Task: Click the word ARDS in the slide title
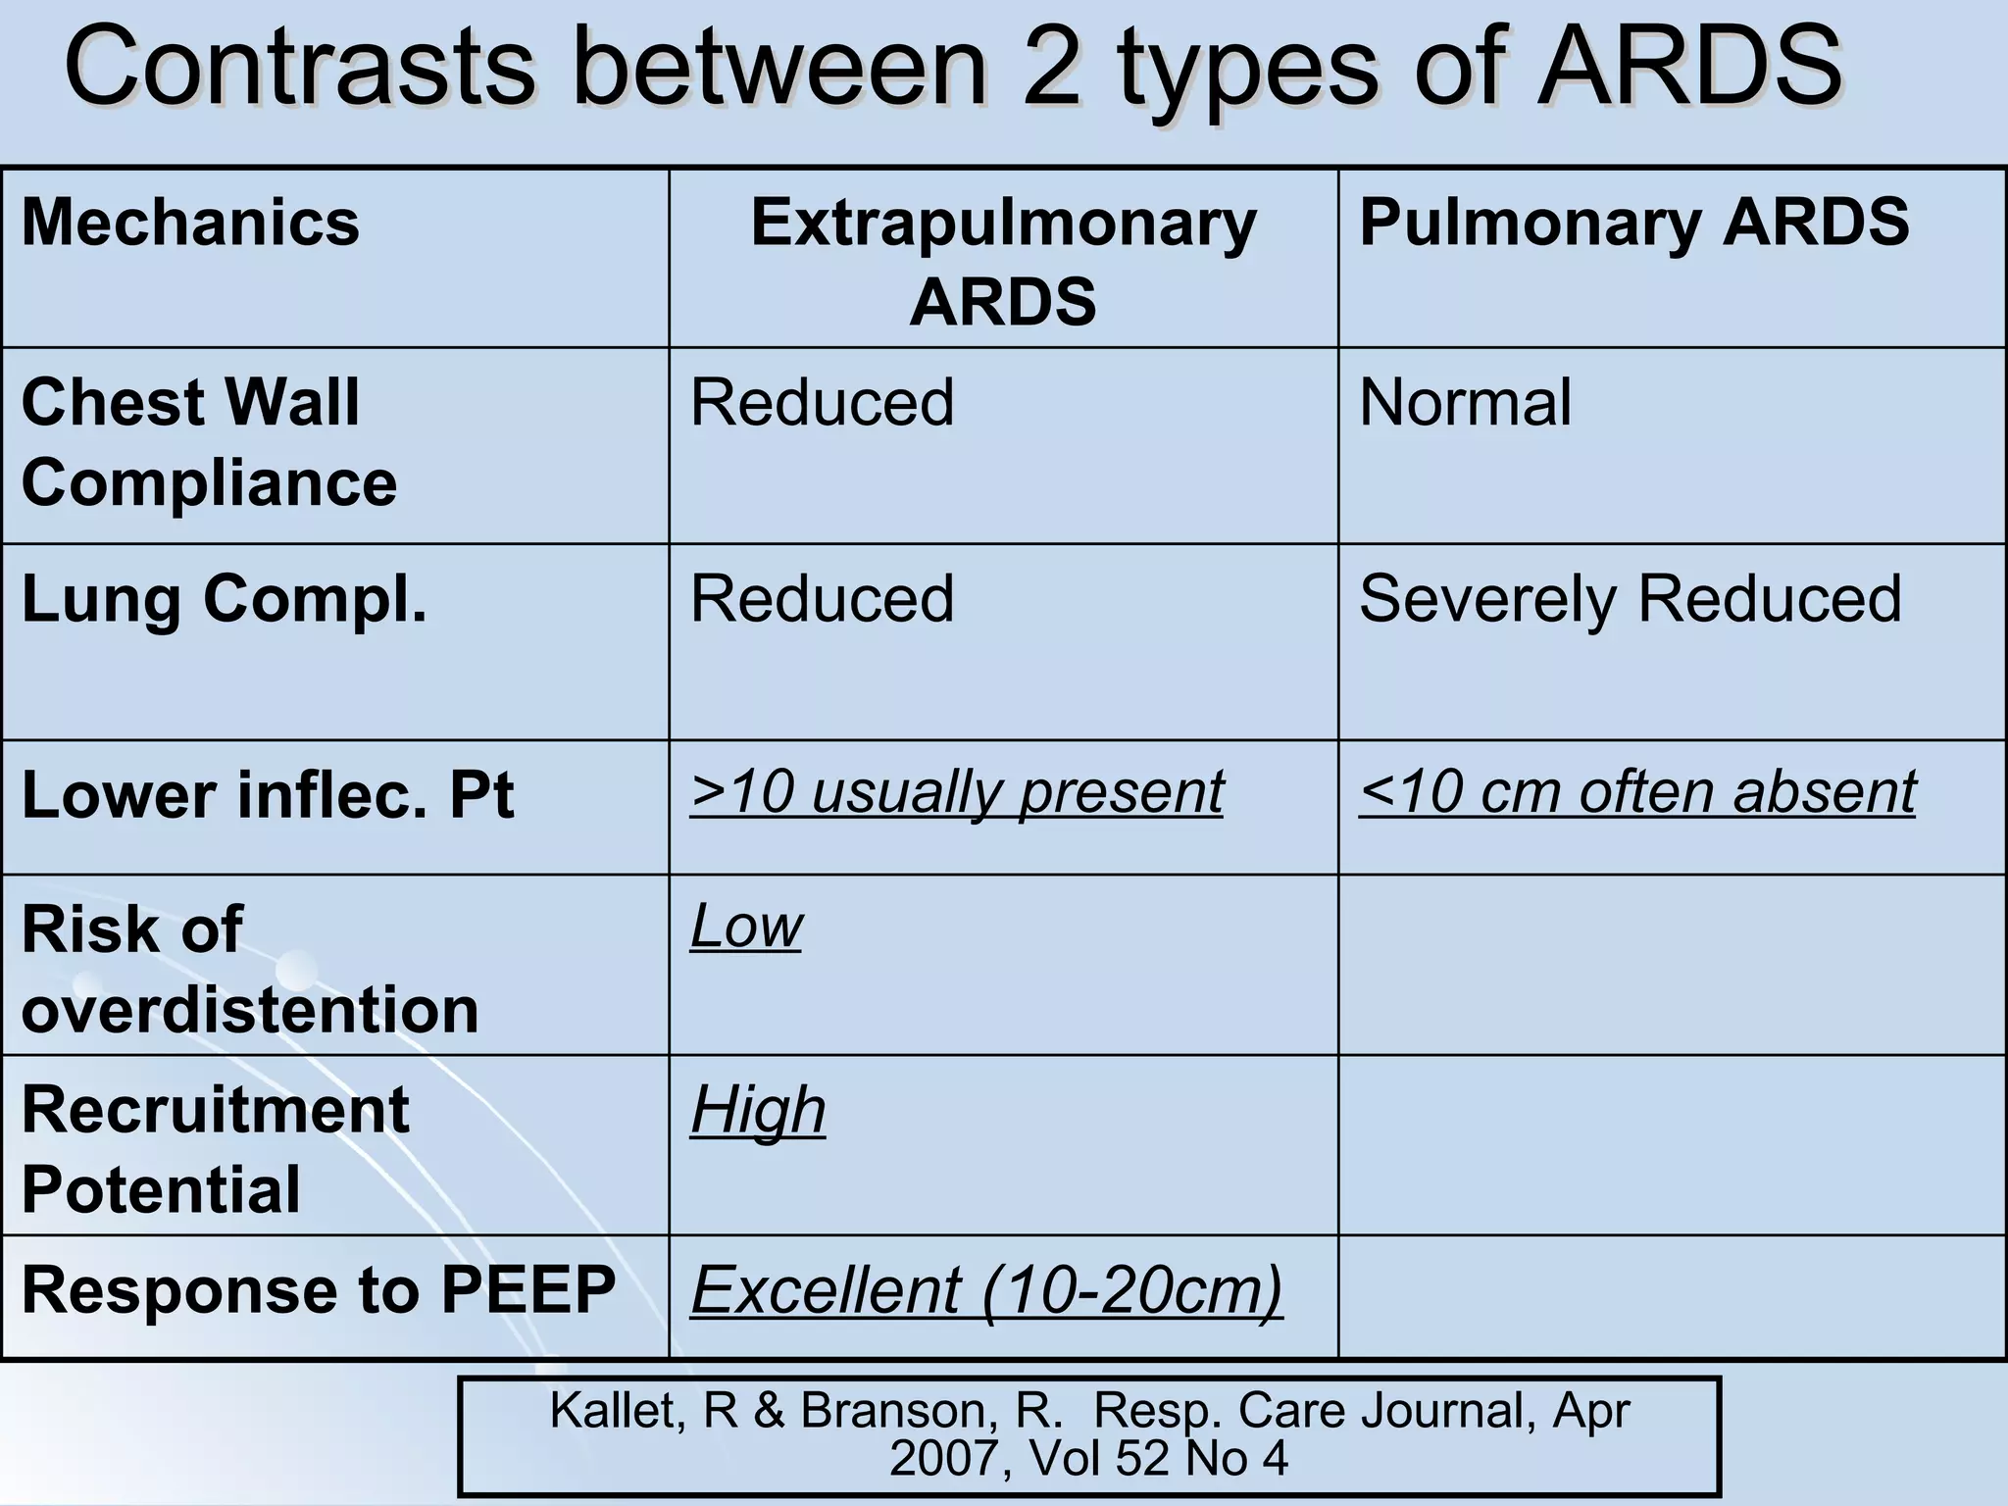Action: click(1689, 67)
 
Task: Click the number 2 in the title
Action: click(1051, 67)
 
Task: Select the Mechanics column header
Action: click(191, 223)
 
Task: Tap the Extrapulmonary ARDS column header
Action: click(1003, 261)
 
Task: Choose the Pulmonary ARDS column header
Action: click(1633, 223)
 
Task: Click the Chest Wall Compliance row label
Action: click(209, 442)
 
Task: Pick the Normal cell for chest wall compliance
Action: click(1465, 403)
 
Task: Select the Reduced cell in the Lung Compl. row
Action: click(822, 598)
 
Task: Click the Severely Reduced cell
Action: click(1630, 598)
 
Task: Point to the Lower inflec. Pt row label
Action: click(267, 794)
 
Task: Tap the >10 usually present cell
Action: click(956, 791)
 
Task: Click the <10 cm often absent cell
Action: click(1636, 791)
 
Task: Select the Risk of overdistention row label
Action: click(249, 969)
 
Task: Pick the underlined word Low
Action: click(746, 926)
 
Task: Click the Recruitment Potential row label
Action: click(215, 1149)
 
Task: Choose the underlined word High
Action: click(758, 1110)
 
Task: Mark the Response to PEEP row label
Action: click(319, 1289)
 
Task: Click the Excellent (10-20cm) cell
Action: click(986, 1289)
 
